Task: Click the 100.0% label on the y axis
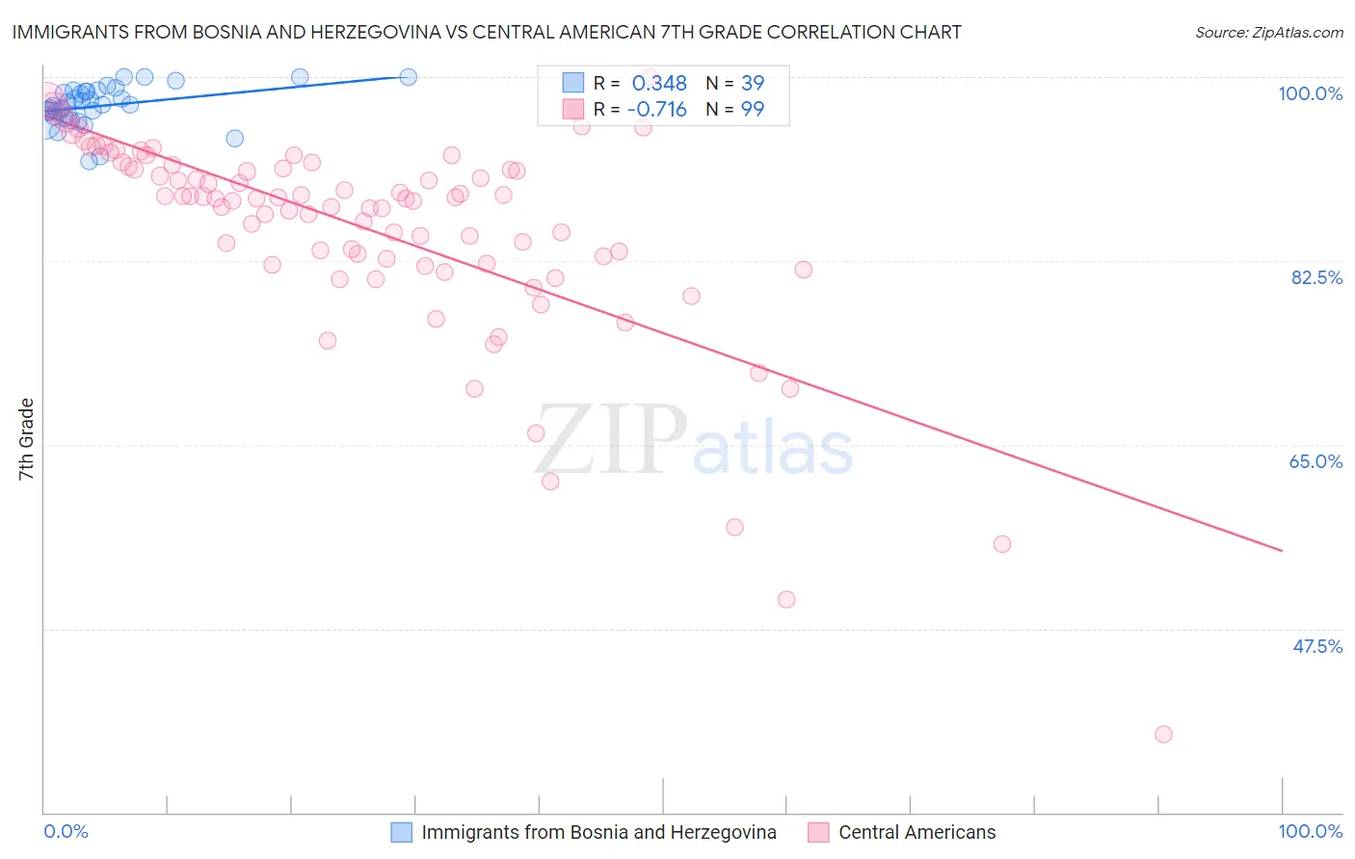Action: pyautogui.click(x=1310, y=93)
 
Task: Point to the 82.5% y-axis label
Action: pyautogui.click(x=1316, y=277)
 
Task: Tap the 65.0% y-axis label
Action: pyautogui.click(x=1315, y=461)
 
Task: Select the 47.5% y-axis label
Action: pyautogui.click(x=1316, y=646)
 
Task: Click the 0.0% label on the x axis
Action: pyautogui.click(x=66, y=831)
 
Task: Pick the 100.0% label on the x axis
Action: pyautogui.click(x=1310, y=831)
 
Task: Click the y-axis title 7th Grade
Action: pyautogui.click(x=26, y=439)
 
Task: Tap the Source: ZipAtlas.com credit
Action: pyautogui.click(x=1268, y=33)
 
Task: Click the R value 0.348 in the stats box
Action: pyautogui.click(x=659, y=83)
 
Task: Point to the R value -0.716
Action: pyautogui.click(x=656, y=109)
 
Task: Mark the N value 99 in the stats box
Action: pyautogui.click(x=753, y=109)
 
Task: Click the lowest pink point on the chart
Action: pyautogui.click(x=1163, y=734)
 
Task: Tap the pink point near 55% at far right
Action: pyautogui.click(x=1002, y=544)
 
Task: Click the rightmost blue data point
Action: pyautogui.click(x=409, y=77)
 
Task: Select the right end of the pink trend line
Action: pyautogui.click(x=1282, y=551)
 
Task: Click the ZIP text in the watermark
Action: pyautogui.click(x=611, y=440)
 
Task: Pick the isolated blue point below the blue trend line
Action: pyautogui.click(x=234, y=139)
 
